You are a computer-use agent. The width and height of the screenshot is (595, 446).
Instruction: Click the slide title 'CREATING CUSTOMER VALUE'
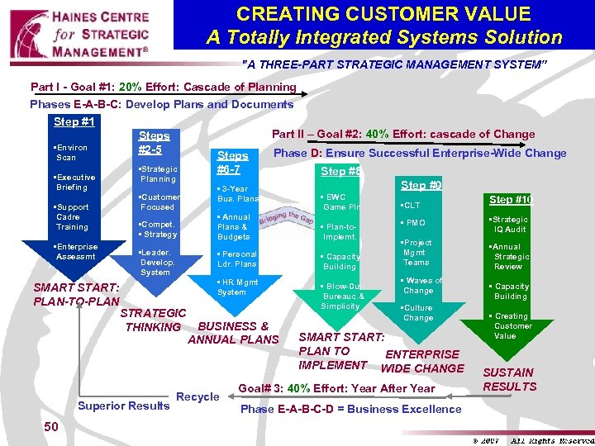coord(383,14)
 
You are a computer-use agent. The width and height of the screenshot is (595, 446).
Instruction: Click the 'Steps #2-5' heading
coord(154,142)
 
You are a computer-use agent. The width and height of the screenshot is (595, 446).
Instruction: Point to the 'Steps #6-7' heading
coord(232,162)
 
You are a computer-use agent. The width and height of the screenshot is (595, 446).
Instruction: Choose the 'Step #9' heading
coord(421,186)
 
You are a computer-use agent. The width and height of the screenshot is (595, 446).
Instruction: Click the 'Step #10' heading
coord(511,200)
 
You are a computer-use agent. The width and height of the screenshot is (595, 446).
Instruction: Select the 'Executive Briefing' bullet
coord(74,183)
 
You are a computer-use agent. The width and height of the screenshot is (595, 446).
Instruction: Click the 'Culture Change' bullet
coord(417,313)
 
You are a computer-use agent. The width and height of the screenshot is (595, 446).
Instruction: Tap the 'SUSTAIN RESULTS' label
coord(509,379)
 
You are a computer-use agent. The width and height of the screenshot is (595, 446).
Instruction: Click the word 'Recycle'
coord(198,396)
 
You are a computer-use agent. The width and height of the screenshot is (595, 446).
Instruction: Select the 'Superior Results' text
coord(123,405)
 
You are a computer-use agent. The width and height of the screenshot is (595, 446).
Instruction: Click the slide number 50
coord(51,426)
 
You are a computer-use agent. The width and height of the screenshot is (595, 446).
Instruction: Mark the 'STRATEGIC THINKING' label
coord(154,320)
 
